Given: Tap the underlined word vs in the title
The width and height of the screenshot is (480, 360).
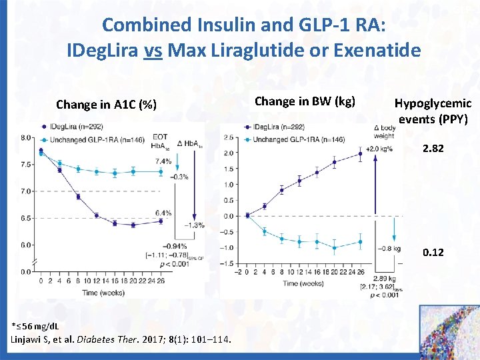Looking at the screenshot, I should pos(153,50).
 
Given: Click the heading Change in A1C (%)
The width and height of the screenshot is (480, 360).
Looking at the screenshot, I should pos(107,105).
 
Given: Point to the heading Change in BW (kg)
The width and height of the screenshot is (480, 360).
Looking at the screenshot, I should pos(305,101).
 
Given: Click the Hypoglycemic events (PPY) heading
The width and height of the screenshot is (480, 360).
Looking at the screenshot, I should pos(433,111).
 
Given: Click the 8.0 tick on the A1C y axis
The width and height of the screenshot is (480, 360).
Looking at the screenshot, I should pos(27,138).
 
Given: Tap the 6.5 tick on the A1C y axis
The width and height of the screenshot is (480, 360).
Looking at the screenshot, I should pos(27,218).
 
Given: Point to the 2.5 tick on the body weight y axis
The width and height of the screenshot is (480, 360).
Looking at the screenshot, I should pos(228,137).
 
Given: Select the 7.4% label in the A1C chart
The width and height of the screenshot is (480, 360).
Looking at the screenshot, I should pos(163,161).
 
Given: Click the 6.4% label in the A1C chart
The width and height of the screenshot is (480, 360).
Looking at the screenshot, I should pos(163,213).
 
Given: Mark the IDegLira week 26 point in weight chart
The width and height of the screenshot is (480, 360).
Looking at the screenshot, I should pos(361,154).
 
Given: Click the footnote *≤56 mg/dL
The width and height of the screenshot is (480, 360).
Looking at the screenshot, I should pos(35,326).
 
